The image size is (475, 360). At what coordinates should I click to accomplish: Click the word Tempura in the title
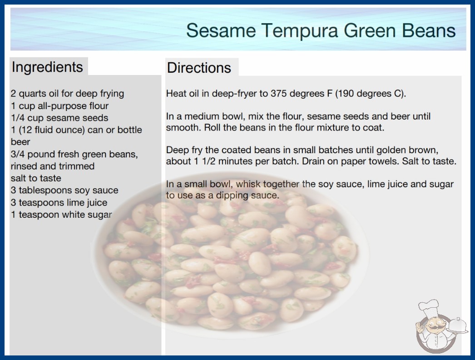tap(300, 31)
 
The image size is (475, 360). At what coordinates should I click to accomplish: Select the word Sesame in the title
tap(221, 30)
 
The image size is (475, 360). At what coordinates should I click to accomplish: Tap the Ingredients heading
tap(47, 67)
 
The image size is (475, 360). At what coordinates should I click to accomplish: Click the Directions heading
tap(199, 68)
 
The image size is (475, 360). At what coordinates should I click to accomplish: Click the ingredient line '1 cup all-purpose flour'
tap(59, 106)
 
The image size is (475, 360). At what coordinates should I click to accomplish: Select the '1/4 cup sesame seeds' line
tap(59, 118)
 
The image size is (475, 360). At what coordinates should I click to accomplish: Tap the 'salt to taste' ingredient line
tap(36, 178)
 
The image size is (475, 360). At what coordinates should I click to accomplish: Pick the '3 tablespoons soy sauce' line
tap(64, 190)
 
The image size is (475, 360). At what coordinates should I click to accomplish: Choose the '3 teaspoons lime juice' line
tap(59, 202)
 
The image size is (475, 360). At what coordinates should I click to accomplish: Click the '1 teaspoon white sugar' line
tap(61, 215)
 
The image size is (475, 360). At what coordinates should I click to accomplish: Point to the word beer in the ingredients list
tap(20, 142)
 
